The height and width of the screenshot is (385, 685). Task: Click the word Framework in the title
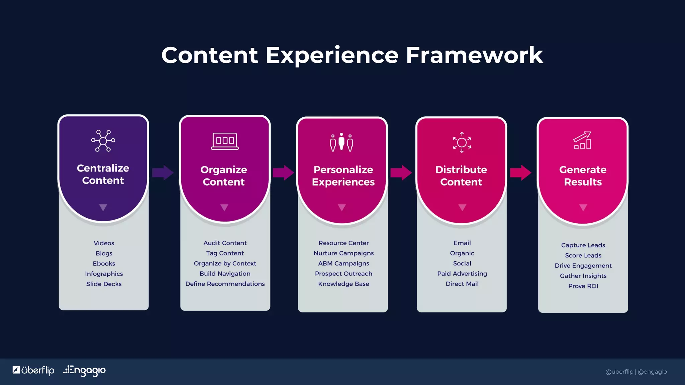point(474,55)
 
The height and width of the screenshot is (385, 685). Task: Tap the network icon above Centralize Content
point(103,141)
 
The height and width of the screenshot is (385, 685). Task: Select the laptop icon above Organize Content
point(225,141)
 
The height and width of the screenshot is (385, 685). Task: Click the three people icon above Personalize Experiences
point(341,142)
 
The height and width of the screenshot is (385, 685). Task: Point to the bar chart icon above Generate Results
point(583,140)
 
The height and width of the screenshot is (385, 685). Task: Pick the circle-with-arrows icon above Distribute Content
point(462,142)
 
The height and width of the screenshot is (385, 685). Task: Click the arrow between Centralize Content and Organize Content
point(163,172)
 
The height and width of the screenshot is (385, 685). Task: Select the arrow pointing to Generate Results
point(520,172)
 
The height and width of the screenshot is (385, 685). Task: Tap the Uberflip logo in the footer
point(33,370)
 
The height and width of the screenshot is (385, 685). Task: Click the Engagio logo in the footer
point(85,370)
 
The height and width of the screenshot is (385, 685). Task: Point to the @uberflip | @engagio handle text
point(636,372)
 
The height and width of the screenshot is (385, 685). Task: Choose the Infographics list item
point(104,274)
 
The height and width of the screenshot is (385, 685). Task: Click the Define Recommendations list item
point(225,284)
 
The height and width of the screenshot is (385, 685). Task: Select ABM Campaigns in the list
point(344,263)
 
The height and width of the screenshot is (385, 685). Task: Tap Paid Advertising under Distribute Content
point(462,273)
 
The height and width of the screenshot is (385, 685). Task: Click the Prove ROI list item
point(583,286)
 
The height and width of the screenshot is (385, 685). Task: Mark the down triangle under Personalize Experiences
point(341,208)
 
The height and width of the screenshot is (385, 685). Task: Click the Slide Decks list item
point(104,284)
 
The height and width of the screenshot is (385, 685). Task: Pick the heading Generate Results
point(583,176)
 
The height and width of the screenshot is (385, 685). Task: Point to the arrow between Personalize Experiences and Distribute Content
point(401,172)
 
